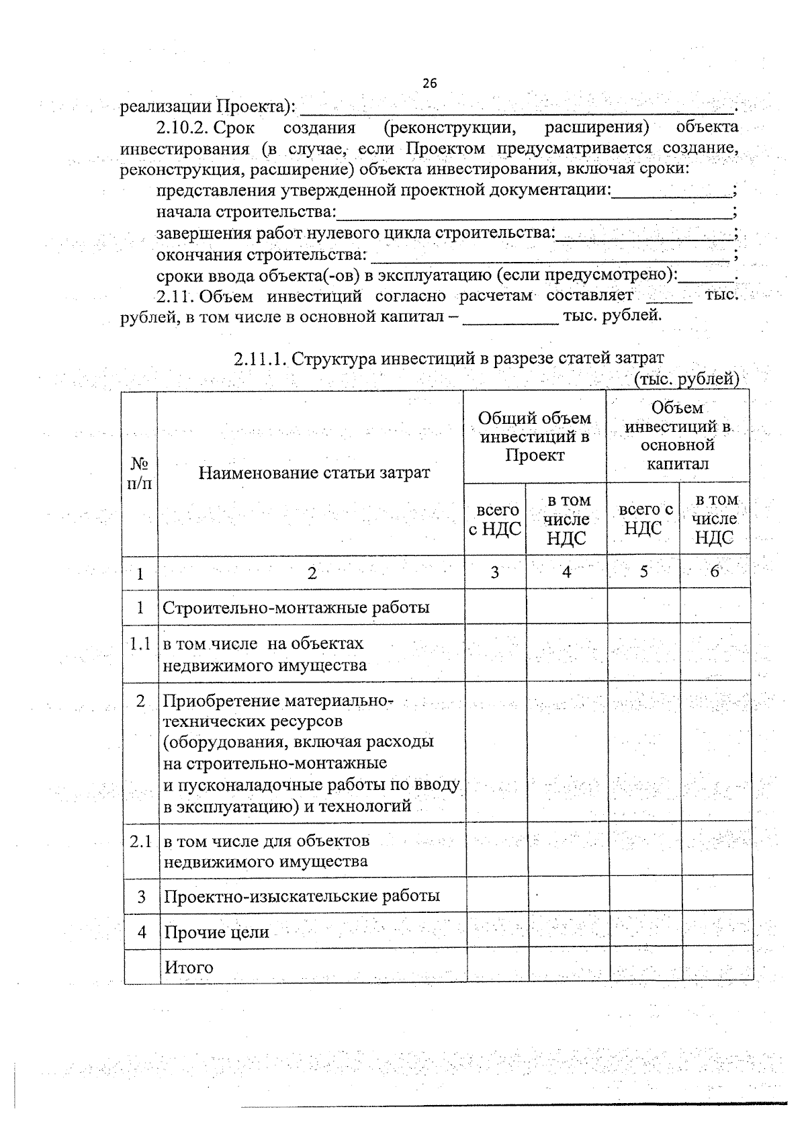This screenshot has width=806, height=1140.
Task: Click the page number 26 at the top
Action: click(430, 83)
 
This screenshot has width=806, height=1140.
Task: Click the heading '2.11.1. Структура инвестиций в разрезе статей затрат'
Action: click(449, 358)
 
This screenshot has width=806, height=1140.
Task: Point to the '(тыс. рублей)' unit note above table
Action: click(686, 379)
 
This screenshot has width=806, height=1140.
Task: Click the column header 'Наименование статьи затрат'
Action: click(314, 472)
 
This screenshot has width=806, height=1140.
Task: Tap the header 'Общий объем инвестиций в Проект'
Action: click(535, 437)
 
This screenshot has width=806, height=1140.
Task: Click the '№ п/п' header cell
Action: click(140, 473)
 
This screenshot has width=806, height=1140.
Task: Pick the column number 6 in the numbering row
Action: click(715, 572)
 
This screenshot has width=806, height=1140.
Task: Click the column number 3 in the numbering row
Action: click(495, 572)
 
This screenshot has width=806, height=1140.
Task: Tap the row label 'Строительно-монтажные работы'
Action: click(296, 608)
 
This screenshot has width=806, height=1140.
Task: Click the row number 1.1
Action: click(140, 644)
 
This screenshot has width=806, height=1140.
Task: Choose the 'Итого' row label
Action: click(189, 968)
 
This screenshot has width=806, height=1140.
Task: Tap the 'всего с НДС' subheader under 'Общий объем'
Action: click(495, 520)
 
